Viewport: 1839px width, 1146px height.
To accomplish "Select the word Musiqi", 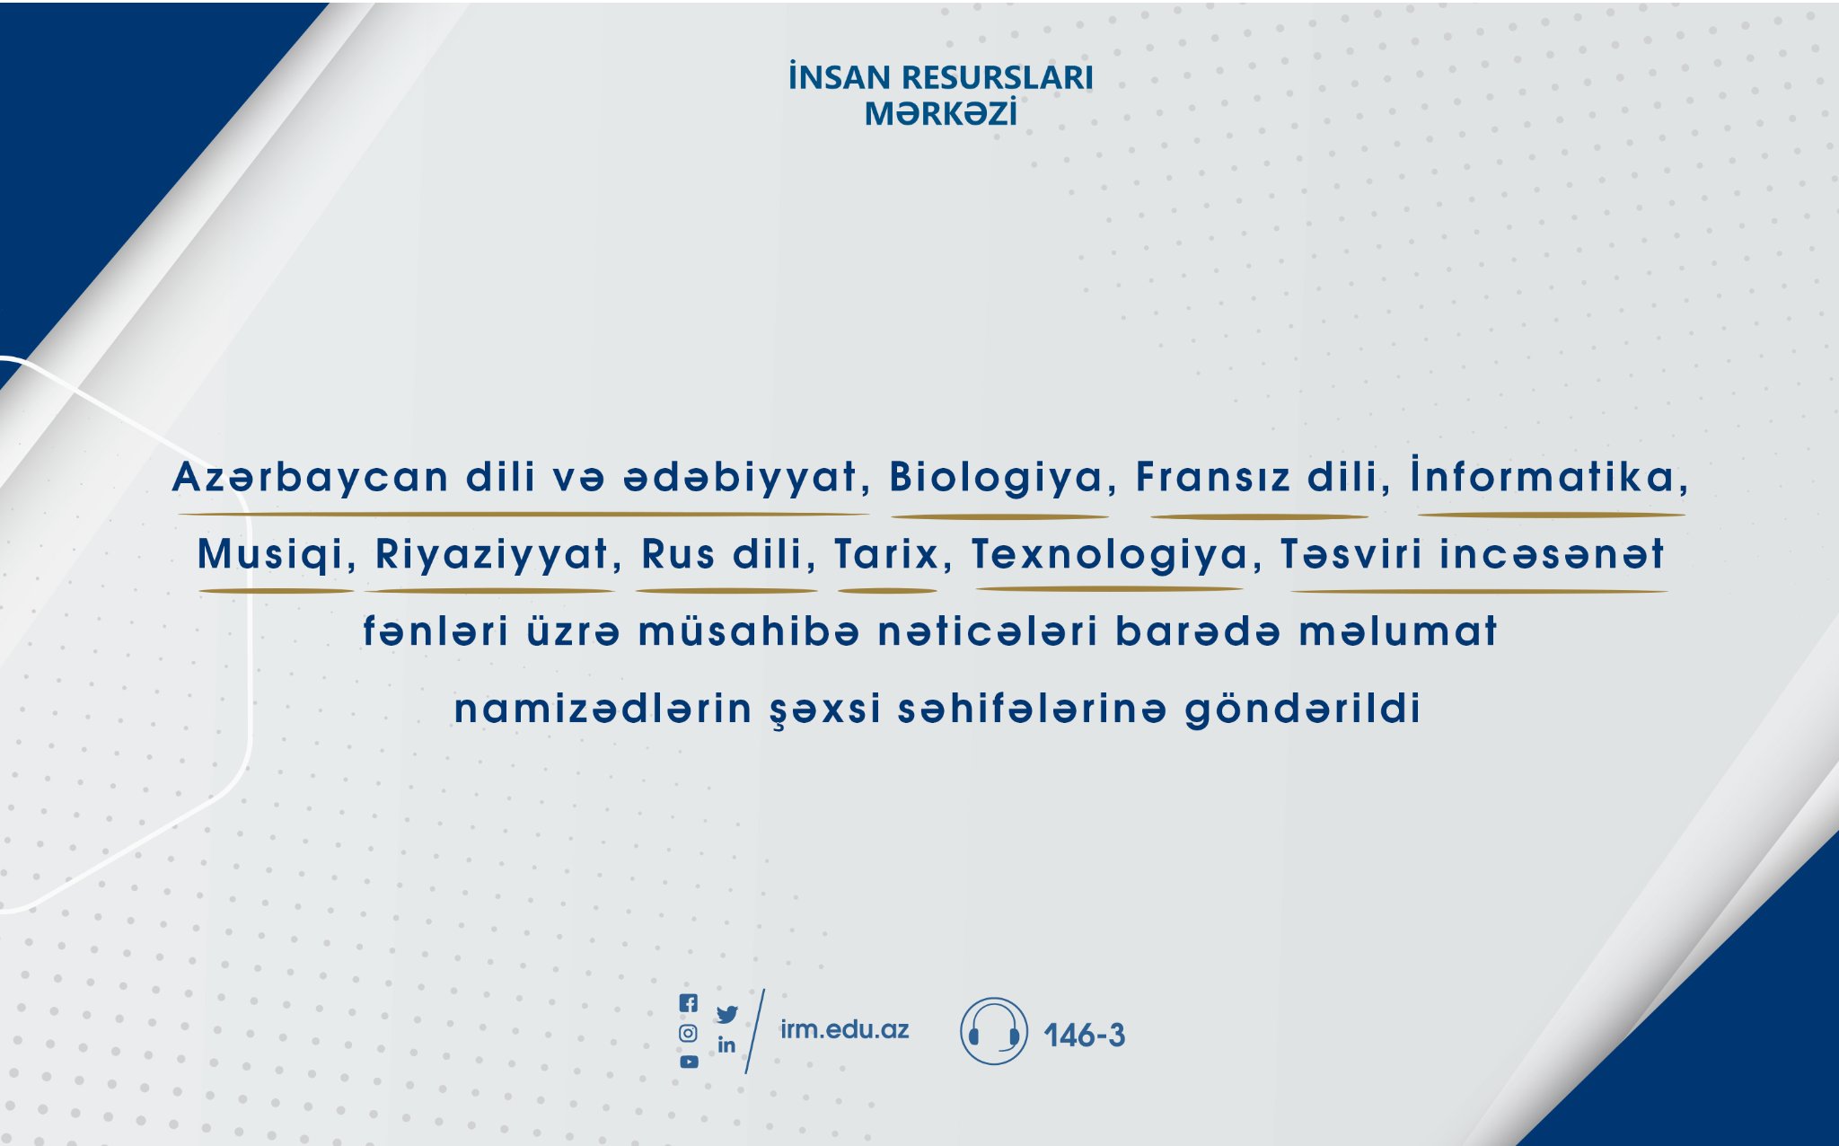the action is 270,555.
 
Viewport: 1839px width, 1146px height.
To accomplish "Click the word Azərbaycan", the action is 311,478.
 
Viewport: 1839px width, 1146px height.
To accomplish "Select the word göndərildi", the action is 1303,709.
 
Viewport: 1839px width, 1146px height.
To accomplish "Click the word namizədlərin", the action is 603,709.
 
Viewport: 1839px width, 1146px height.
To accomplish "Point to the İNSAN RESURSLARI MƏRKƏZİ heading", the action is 941,95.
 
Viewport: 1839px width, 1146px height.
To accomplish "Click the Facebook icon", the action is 689,1003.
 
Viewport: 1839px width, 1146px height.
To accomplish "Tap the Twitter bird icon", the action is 727,1014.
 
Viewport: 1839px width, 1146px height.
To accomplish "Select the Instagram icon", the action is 688,1033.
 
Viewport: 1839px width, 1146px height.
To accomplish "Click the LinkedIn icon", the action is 726,1045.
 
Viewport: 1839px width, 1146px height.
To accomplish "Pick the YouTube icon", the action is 689,1062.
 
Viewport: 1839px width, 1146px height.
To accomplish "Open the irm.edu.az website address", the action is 844,1029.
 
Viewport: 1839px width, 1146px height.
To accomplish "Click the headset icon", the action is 993,1031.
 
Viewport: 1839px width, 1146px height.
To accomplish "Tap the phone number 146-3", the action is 1084,1036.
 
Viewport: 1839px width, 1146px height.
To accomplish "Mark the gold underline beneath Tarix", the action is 887,591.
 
